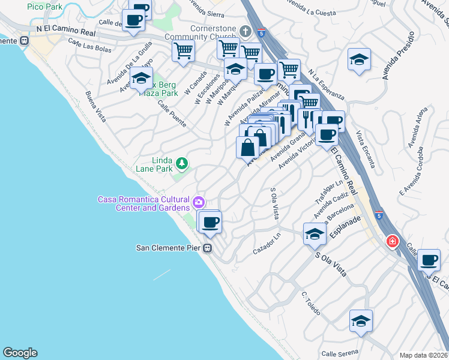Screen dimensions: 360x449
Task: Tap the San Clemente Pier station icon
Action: [208, 247]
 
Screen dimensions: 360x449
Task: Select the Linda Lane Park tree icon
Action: [181, 162]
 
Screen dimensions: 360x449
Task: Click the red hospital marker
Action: [393, 241]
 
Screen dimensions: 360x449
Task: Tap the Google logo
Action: [20, 353]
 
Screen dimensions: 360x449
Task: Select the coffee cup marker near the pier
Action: [210, 223]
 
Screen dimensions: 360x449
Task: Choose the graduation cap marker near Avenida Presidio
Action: [359, 59]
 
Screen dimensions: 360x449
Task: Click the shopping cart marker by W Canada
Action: [183, 50]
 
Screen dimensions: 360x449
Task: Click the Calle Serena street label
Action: [340, 352]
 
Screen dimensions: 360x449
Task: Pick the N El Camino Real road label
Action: [66, 29]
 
